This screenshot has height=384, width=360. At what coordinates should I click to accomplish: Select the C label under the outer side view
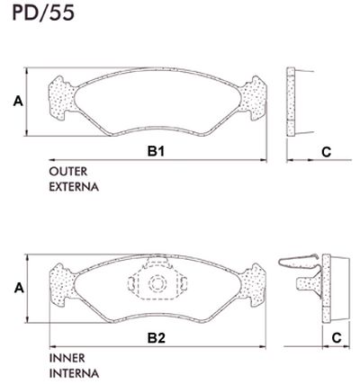326,152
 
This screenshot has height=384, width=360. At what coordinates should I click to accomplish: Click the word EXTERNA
74,188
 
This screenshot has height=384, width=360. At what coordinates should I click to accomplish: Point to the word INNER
67,357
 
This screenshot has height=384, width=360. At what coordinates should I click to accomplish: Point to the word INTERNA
74,372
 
